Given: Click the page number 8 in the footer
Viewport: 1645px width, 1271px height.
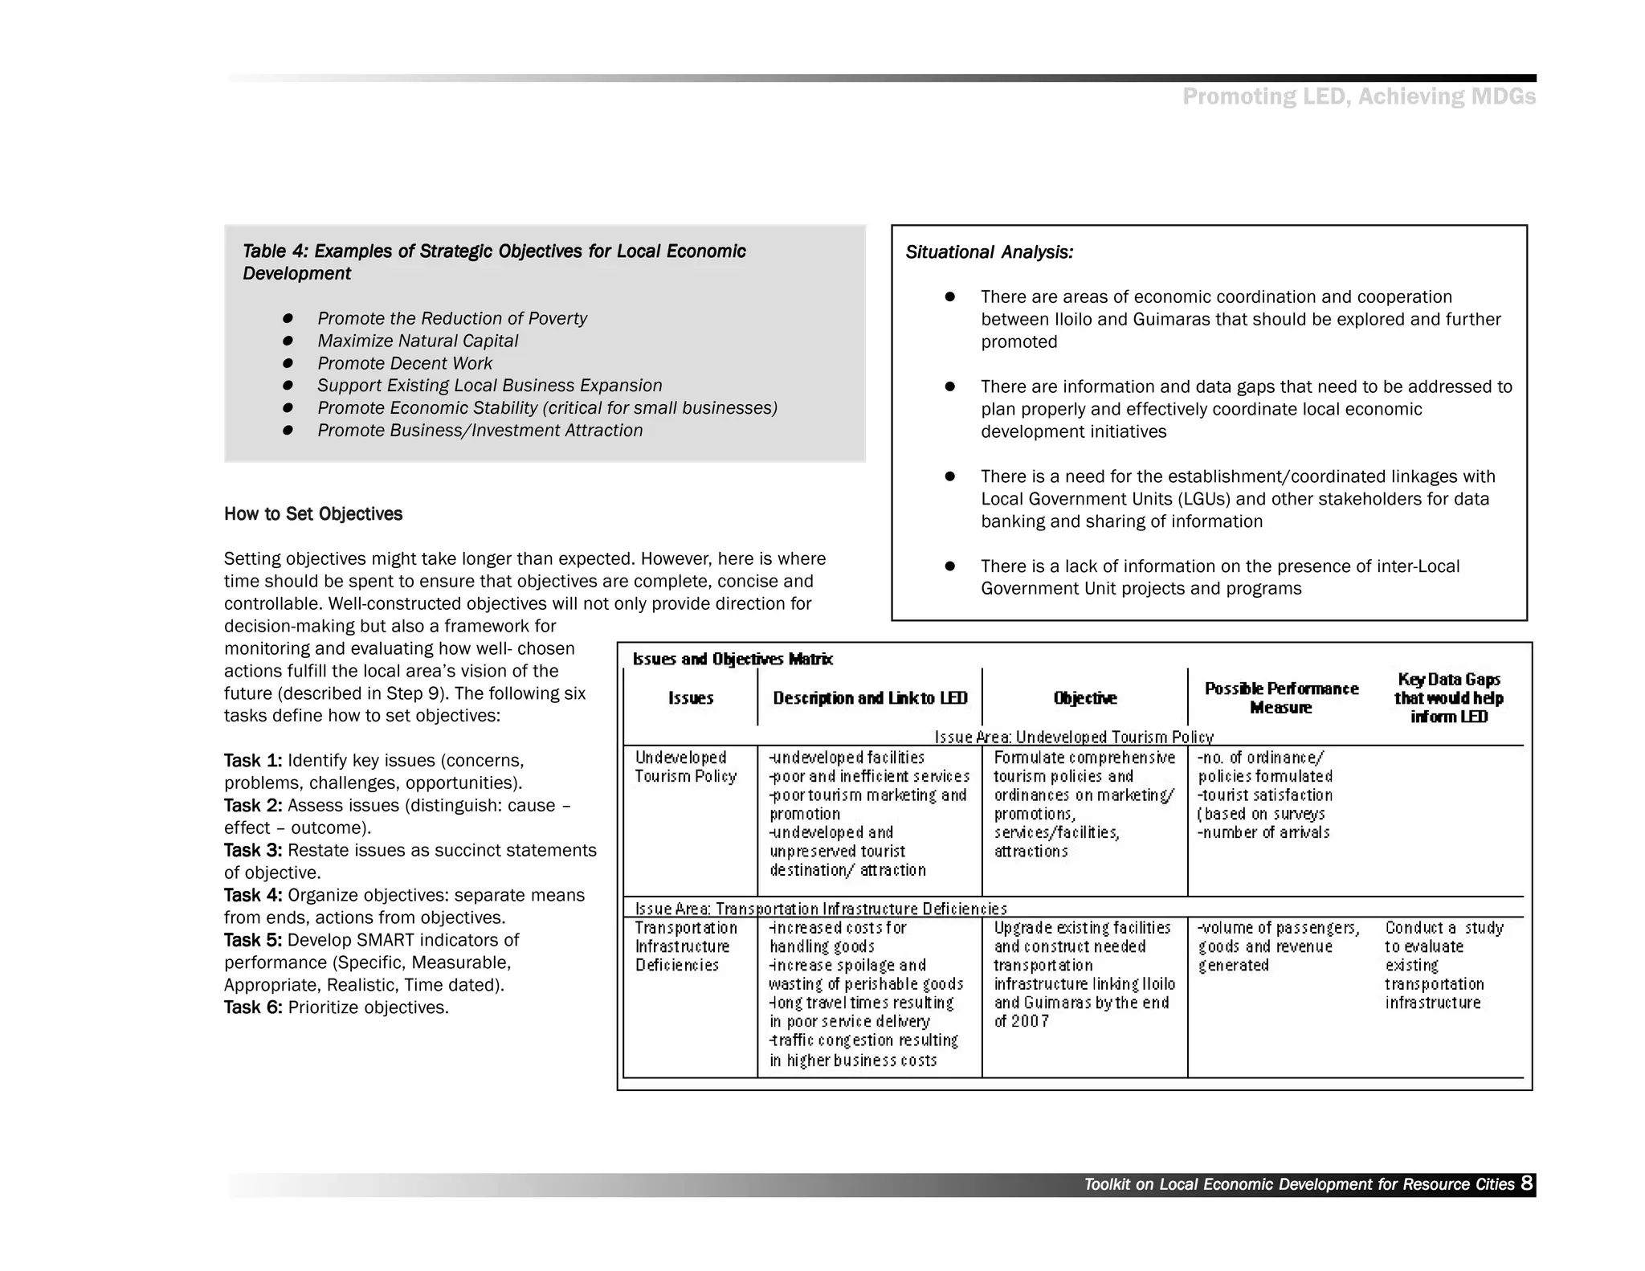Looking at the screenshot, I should (x=1526, y=1183).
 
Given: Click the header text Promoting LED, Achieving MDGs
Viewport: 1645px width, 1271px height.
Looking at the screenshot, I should (x=1358, y=97).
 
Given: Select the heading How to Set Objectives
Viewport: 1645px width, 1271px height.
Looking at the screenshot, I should (x=313, y=514).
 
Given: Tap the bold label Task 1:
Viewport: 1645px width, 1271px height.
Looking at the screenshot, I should (x=253, y=761).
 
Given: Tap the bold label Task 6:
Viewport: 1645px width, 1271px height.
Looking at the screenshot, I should (x=253, y=1007).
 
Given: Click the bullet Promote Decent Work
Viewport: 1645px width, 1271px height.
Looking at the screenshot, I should (x=404, y=363).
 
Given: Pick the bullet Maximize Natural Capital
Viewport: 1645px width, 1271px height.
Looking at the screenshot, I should (x=418, y=341).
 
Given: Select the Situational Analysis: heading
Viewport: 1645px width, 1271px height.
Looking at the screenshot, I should (x=989, y=252).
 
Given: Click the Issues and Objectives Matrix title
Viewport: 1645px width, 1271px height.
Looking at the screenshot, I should (x=733, y=660).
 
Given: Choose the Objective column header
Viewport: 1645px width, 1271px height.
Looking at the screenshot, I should (x=1084, y=698).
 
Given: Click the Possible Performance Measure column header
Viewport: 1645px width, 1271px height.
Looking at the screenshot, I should (x=1281, y=698).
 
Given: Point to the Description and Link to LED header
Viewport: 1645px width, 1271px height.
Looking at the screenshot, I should (x=870, y=698).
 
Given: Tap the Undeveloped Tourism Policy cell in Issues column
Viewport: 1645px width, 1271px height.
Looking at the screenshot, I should (x=685, y=767).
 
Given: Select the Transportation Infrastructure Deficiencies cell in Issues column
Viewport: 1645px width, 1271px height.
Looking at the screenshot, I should (x=685, y=946).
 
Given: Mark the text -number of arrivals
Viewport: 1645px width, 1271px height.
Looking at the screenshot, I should (x=1263, y=832).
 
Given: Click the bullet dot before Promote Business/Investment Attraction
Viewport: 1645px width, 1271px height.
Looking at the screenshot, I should (x=288, y=431).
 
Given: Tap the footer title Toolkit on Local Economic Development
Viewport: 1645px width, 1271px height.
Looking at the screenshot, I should (x=1298, y=1184).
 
